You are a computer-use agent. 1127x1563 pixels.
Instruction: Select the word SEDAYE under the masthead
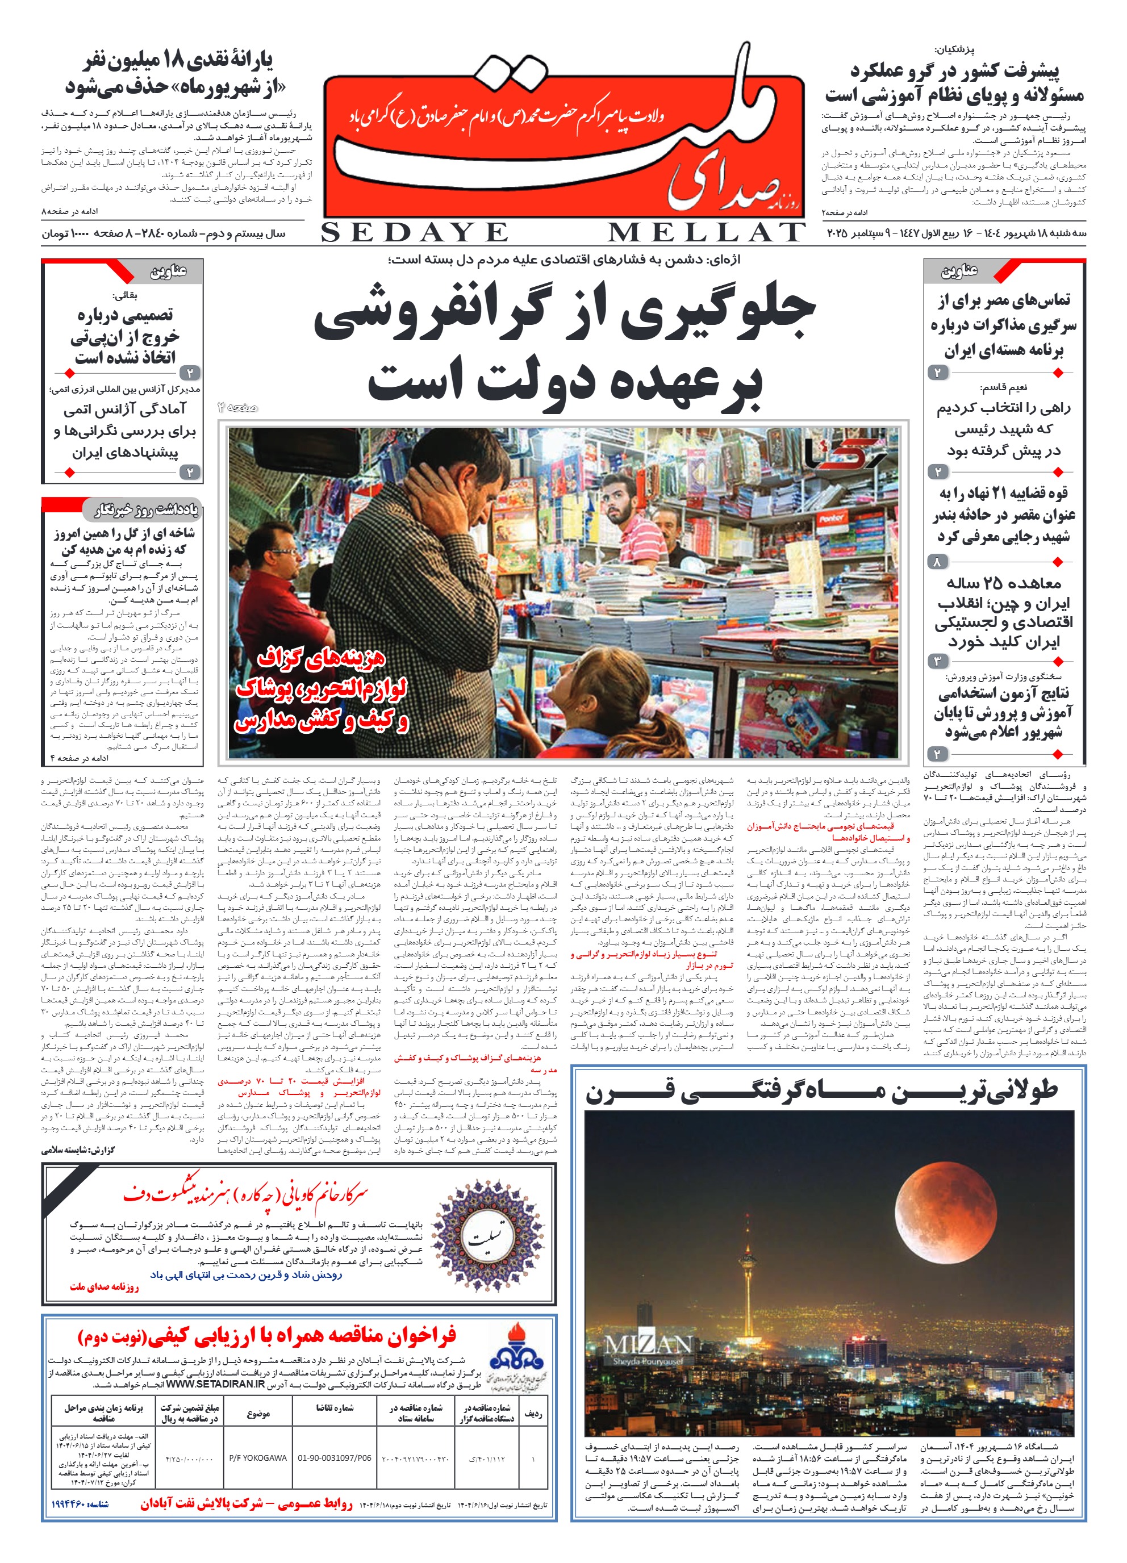click(414, 233)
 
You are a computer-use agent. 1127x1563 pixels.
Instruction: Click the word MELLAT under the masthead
click(706, 233)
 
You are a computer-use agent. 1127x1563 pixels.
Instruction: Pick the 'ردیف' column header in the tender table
click(532, 1414)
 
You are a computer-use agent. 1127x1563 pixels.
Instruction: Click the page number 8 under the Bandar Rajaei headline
click(937, 562)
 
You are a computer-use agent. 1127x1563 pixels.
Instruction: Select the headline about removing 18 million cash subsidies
click(176, 74)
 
